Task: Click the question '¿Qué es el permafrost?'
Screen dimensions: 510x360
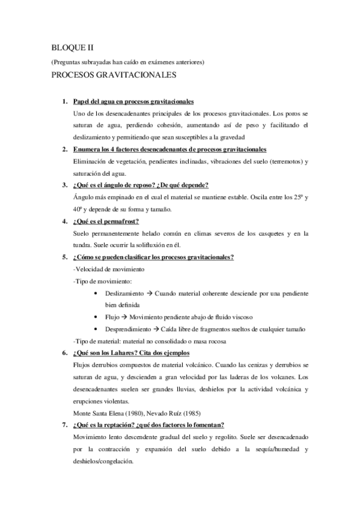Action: point(105,221)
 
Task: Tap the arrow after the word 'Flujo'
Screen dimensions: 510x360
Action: point(120,317)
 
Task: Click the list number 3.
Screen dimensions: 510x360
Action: point(64,185)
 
